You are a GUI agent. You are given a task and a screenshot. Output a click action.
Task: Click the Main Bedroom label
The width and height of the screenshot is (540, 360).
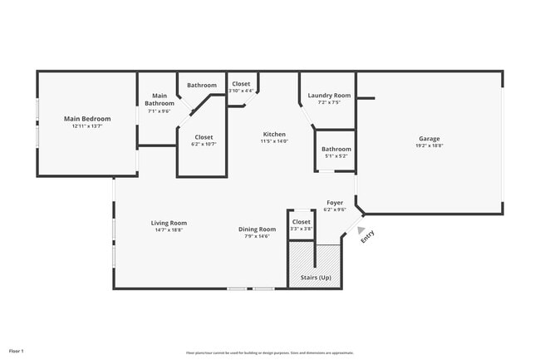pos(87,119)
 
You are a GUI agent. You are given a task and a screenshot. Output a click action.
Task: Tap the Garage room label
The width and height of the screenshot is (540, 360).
pos(429,138)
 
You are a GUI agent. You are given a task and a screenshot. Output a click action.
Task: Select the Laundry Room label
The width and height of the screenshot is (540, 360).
pos(329,96)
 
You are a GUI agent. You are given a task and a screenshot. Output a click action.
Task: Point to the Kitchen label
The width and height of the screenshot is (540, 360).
pos(274,134)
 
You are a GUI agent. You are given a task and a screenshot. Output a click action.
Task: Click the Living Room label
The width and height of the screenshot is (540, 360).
pos(169,223)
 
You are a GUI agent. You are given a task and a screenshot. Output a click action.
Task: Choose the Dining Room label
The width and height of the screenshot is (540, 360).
pos(257,229)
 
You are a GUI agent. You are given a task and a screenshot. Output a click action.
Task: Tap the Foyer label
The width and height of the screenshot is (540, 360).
pos(334,202)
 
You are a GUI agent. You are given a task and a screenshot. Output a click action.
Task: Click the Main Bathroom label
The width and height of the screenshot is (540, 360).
pos(160,100)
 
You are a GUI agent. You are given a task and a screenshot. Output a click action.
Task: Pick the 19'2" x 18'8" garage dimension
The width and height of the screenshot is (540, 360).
pos(429,145)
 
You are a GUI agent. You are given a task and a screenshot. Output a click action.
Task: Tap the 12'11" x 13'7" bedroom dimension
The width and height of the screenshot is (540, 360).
pos(87,126)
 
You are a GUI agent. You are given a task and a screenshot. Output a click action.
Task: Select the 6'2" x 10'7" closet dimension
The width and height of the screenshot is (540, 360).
pos(204,144)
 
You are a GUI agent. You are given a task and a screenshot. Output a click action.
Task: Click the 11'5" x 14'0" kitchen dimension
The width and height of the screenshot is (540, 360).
pos(274,141)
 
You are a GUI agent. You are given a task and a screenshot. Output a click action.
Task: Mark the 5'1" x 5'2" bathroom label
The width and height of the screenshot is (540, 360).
pos(336,153)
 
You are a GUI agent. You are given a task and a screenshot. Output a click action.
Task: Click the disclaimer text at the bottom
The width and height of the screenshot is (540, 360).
pos(270,353)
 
